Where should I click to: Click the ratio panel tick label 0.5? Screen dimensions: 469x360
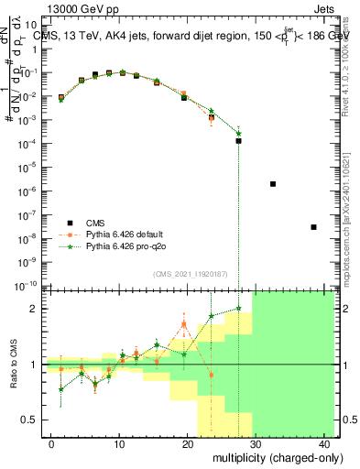[x=31, y=420]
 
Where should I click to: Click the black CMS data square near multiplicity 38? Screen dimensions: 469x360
[x=313, y=227]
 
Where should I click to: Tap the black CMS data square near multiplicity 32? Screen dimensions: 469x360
[x=273, y=184]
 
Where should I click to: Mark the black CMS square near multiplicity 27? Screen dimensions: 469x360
[x=238, y=141]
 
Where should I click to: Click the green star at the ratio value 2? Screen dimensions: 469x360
[x=238, y=309]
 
